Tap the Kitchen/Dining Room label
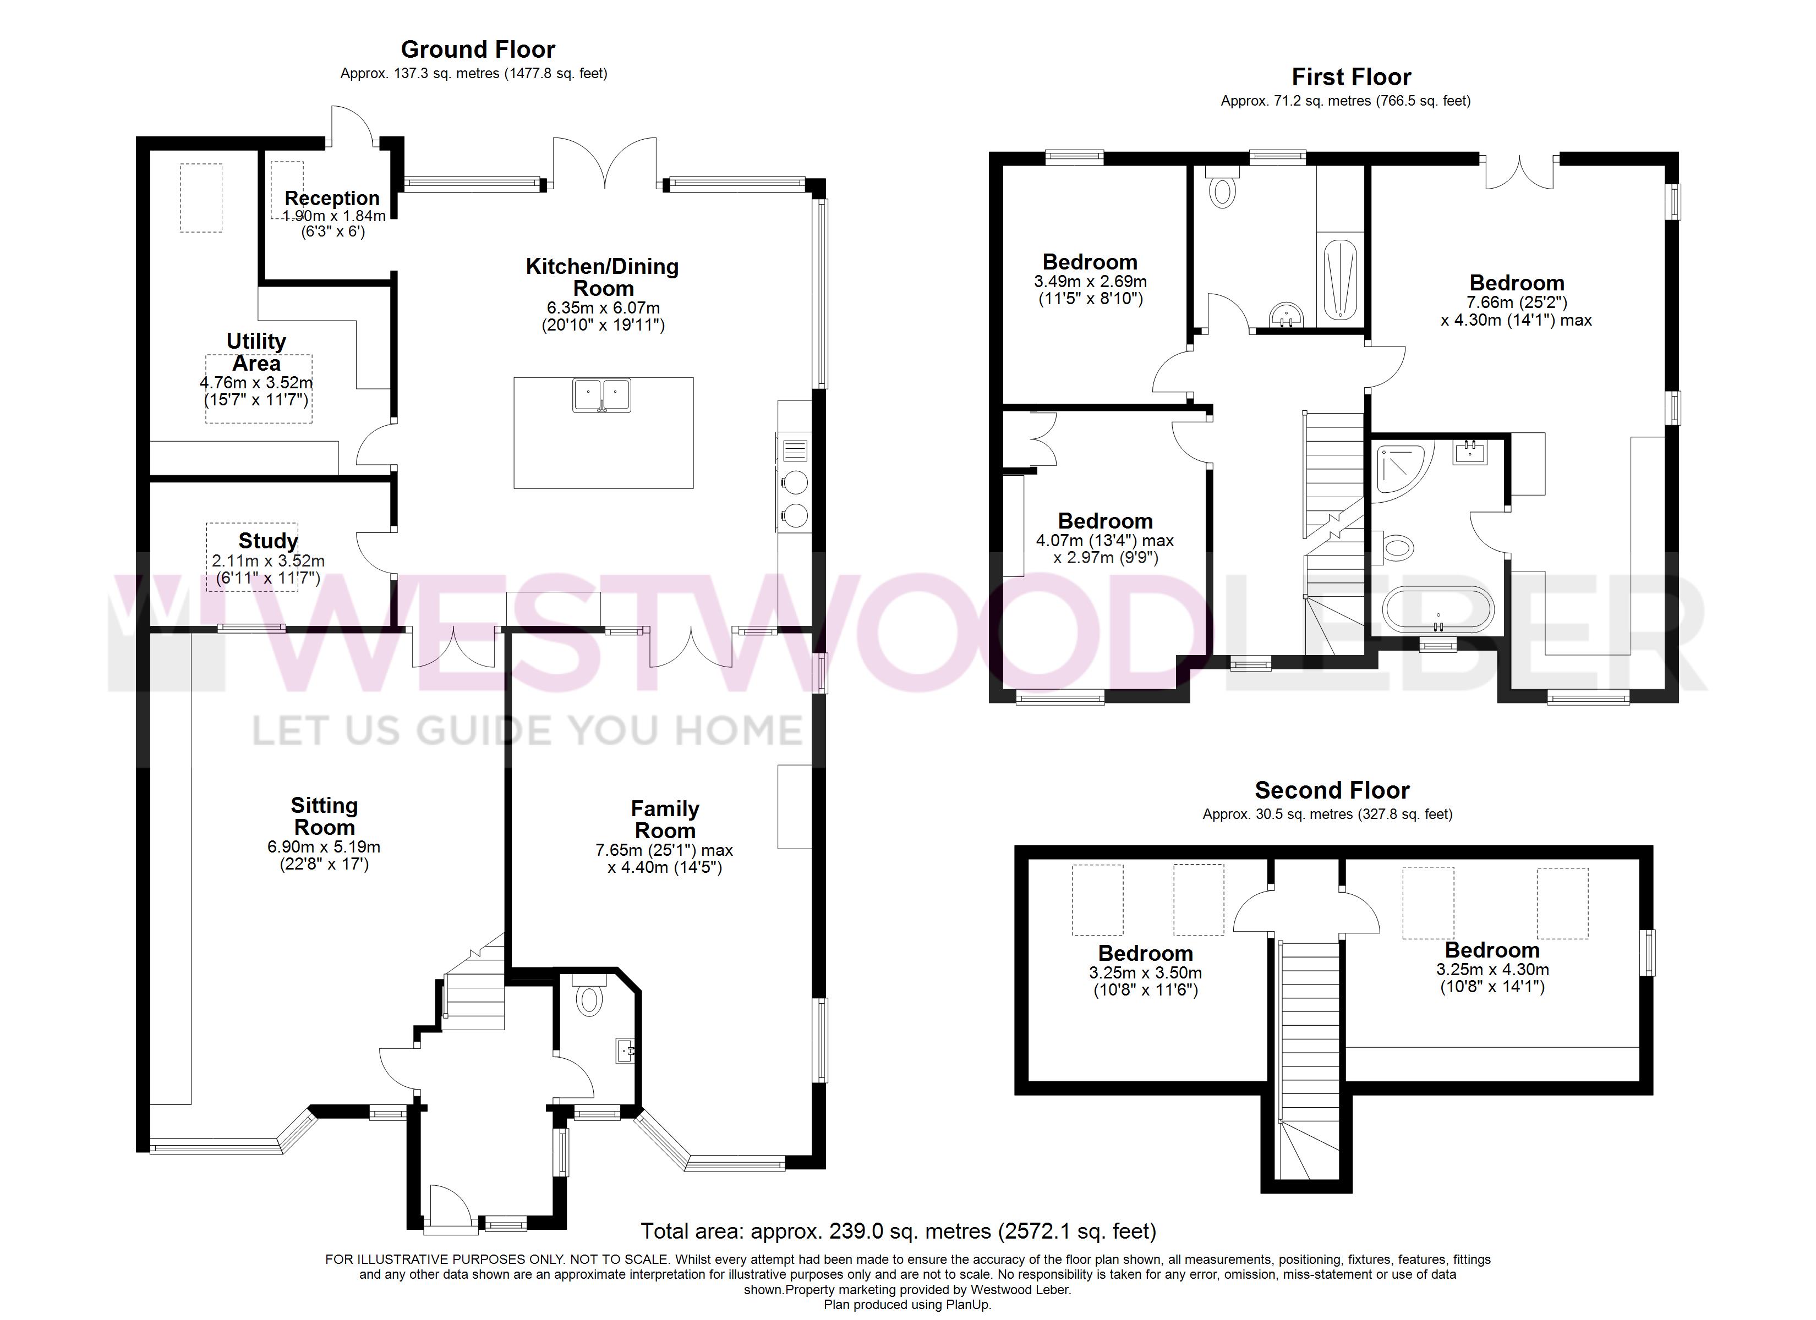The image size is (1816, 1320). coord(602,277)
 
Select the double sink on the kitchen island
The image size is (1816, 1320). coord(602,395)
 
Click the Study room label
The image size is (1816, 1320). coord(268,541)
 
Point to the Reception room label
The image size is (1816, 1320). coord(332,197)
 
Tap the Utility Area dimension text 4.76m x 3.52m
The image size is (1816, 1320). coord(256,383)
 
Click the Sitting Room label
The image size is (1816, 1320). coord(324,817)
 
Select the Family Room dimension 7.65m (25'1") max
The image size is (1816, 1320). coord(665,850)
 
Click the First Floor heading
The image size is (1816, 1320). coord(1352,77)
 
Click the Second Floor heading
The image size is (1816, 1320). coord(1332,791)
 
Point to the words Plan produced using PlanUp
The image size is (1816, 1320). coord(907,1305)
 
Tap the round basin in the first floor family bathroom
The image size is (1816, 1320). coord(1287,315)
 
